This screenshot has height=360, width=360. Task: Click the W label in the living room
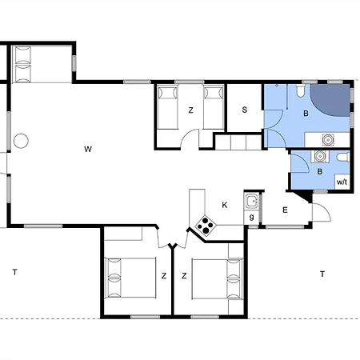coord(88,148)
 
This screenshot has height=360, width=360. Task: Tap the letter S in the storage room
coord(245,110)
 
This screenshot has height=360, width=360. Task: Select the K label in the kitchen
coord(224,205)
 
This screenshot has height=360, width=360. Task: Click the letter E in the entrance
coord(285,210)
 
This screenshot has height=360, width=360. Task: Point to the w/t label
coord(342,182)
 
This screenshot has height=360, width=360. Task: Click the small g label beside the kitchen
coord(251,217)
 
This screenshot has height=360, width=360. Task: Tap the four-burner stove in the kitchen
coord(205,226)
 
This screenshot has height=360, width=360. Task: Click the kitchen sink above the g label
coord(251,200)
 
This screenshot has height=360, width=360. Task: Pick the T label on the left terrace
coord(14,273)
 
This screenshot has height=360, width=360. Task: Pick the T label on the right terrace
coord(322,274)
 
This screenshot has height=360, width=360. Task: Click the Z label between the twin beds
coord(190,110)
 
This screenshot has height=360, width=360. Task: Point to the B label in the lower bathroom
coord(319,170)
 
